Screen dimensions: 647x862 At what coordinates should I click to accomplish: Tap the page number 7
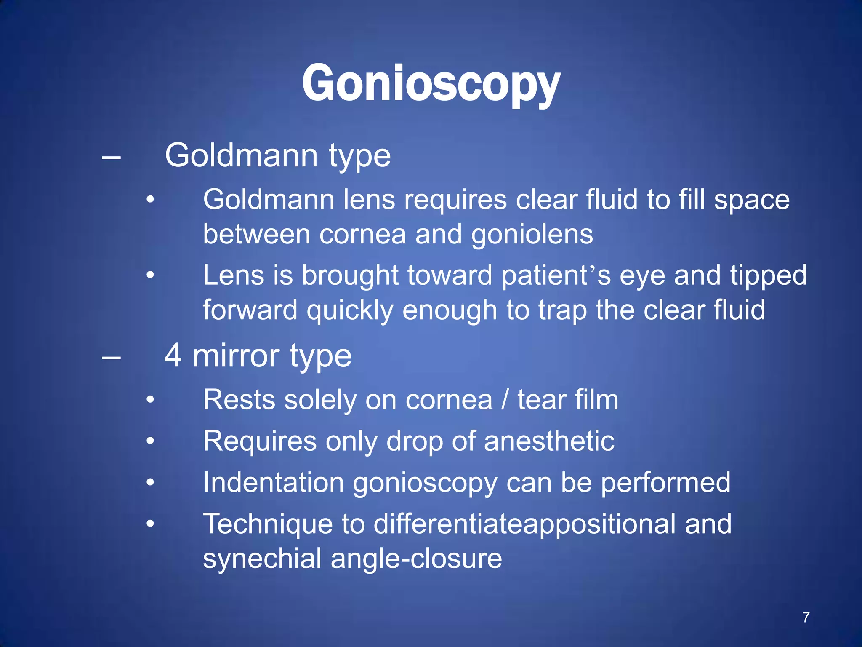click(806, 617)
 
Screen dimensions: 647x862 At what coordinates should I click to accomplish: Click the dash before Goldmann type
click(111, 158)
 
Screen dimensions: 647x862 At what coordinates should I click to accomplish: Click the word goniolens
click(532, 235)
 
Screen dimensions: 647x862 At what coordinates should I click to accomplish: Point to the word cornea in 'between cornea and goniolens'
click(363, 235)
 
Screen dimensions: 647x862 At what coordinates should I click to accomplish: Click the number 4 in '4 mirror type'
click(173, 355)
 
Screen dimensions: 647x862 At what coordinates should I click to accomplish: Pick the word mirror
click(236, 356)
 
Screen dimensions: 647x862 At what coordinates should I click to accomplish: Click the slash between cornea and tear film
click(505, 400)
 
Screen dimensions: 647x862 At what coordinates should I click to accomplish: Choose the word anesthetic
click(549, 441)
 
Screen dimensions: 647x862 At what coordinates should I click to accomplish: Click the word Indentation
click(274, 482)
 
